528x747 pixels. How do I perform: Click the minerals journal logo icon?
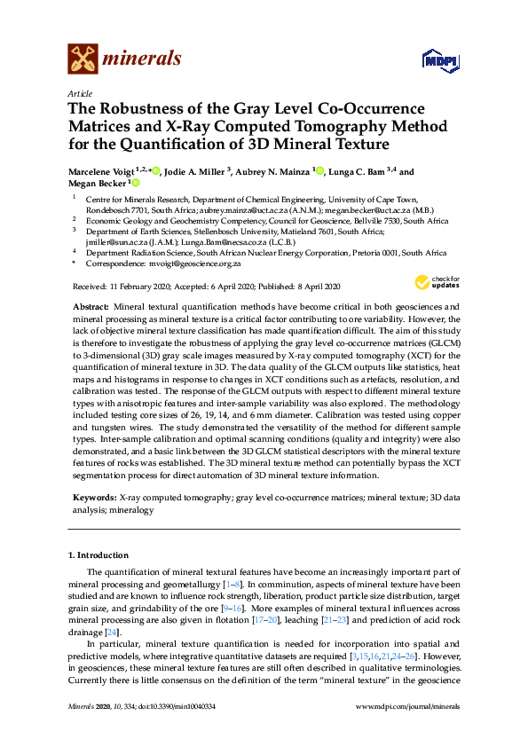tap(83, 59)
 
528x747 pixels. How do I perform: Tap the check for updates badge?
tap(434, 283)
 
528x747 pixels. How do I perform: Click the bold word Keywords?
tap(93, 499)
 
